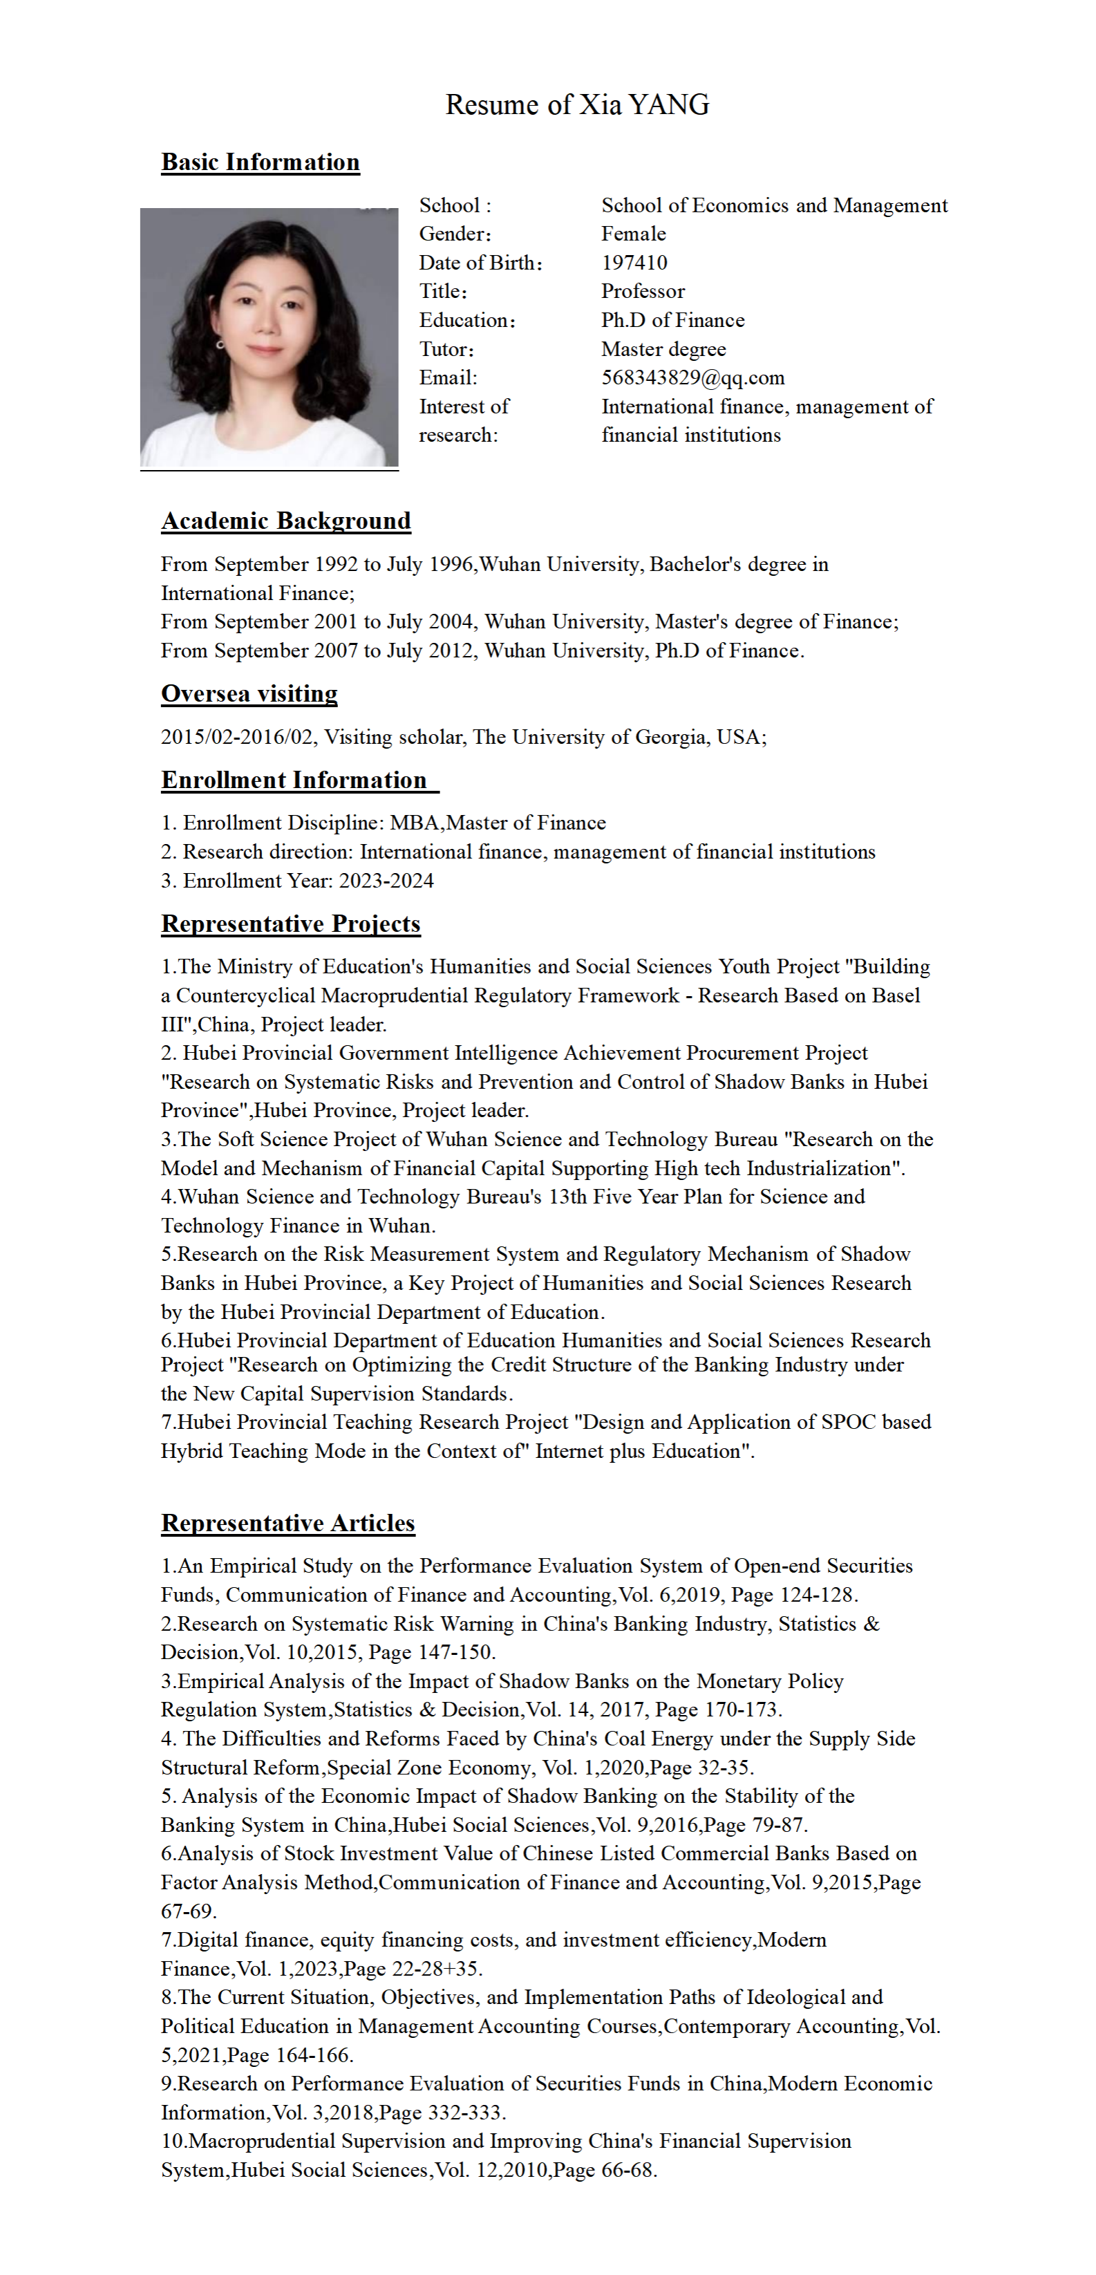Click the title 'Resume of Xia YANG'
point(577,105)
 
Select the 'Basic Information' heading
point(261,162)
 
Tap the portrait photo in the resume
point(270,337)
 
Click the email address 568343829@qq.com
point(692,378)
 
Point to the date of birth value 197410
point(634,263)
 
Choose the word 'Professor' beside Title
point(643,292)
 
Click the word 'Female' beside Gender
point(633,234)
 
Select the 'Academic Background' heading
point(286,521)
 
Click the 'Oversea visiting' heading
point(249,694)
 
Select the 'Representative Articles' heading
point(288,1524)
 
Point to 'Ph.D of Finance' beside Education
point(673,321)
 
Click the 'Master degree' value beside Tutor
point(663,350)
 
